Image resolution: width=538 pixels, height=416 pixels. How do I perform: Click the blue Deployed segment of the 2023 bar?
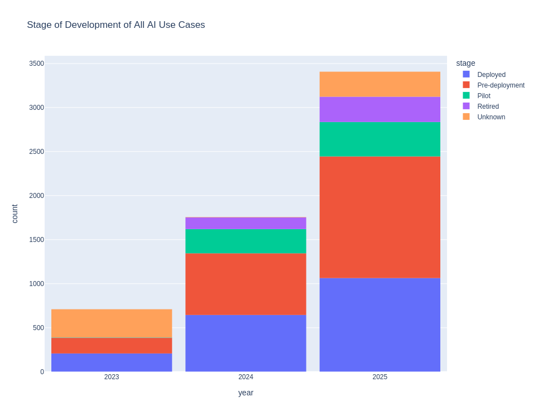tap(112, 362)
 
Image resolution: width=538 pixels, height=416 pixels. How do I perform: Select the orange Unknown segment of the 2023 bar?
tap(112, 323)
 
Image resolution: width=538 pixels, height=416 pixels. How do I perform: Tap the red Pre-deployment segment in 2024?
tap(246, 284)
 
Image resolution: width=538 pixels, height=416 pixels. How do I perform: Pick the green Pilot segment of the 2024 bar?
tap(246, 241)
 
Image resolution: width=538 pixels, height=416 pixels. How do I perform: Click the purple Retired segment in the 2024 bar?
tap(246, 223)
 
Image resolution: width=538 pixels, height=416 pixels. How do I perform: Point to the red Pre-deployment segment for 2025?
tap(380, 217)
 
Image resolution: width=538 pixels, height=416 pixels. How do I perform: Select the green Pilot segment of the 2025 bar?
tap(380, 139)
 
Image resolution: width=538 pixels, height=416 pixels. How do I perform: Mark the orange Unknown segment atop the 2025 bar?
tap(380, 84)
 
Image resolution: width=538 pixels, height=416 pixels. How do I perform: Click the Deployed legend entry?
tap(491, 75)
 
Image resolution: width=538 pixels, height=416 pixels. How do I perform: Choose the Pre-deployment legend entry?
tap(501, 85)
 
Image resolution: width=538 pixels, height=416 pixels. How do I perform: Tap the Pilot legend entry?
tap(483, 96)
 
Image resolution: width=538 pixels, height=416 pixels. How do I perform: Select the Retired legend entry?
tap(488, 107)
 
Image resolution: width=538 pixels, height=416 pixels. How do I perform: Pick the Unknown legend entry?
tap(491, 117)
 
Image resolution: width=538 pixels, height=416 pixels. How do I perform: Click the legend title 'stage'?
tap(465, 63)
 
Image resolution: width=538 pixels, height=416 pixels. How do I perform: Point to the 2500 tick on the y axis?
tap(36, 152)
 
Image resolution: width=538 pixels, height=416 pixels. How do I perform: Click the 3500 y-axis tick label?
tap(36, 64)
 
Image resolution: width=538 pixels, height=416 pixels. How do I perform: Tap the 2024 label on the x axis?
tap(246, 377)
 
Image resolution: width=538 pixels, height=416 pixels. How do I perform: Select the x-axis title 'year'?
tap(246, 393)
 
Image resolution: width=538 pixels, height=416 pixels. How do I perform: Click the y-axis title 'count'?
tap(15, 214)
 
